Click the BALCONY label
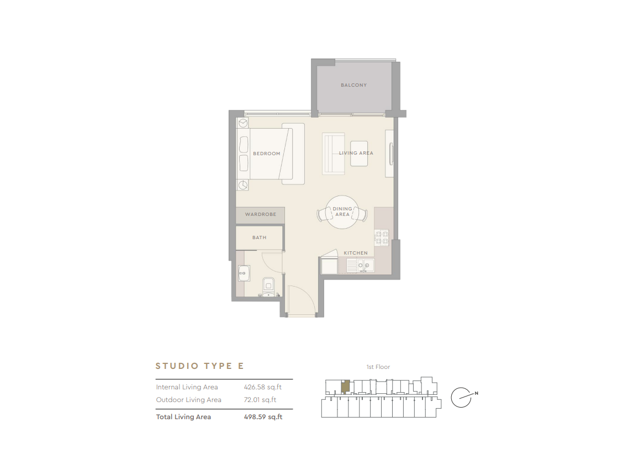click(x=353, y=85)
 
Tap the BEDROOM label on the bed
click(x=267, y=154)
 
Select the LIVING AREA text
click(x=356, y=153)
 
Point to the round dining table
click(x=342, y=212)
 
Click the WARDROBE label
click(x=260, y=214)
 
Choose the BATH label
click(x=260, y=237)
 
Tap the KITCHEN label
click(x=356, y=253)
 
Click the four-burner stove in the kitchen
click(x=382, y=237)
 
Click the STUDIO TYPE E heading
click(x=200, y=366)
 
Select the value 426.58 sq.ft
click(x=263, y=387)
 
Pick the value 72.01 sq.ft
click(x=260, y=400)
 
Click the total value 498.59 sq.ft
click(x=263, y=417)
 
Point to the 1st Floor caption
click(x=378, y=367)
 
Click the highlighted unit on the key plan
click(x=345, y=387)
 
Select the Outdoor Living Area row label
click(x=188, y=400)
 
